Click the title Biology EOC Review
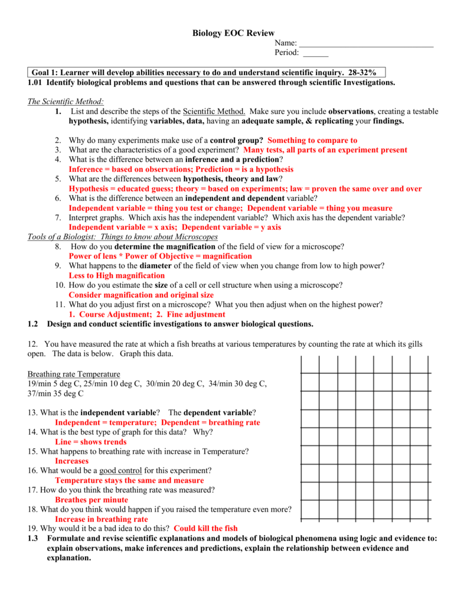coord(233,33)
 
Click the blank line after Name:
coord(366,45)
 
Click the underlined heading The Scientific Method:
coord(66,102)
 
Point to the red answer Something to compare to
coord(312,140)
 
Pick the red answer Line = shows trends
coord(90,441)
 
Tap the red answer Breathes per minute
coord(92,499)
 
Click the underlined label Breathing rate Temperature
coord(74,374)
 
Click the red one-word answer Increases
coord(71,461)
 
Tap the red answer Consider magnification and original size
coord(141,294)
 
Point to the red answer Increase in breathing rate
coord(101,519)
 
